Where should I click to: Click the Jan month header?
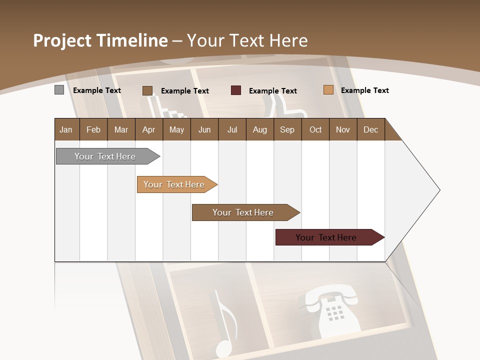[x=66, y=129]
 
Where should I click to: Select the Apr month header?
[x=149, y=129]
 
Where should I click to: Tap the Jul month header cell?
[x=232, y=129]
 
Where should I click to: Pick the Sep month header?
[x=287, y=129]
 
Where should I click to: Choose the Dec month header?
[x=370, y=129]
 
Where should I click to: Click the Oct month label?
[x=315, y=129]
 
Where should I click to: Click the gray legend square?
[x=59, y=90]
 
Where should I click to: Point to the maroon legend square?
[x=236, y=90]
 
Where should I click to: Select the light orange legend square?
[x=328, y=90]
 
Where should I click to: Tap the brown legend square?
[x=147, y=90]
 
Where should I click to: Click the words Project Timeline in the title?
[x=100, y=40]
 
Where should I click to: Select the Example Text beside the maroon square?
[x=272, y=91]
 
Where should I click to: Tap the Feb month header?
[x=93, y=129]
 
